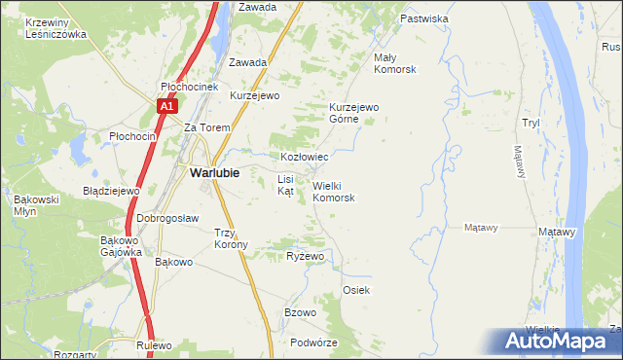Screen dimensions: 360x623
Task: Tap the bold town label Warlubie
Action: point(208,172)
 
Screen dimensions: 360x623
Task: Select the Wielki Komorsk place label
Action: point(333,191)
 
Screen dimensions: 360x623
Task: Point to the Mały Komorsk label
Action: point(395,63)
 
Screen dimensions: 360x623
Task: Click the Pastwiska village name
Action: point(423,18)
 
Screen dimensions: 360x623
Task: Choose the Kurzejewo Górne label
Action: point(352,113)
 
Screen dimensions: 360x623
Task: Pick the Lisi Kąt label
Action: point(285,185)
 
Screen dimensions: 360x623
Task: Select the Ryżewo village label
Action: point(305,256)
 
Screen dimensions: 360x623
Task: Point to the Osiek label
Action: point(356,291)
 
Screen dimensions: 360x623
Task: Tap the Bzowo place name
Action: point(300,312)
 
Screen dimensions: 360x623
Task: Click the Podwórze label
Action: point(313,342)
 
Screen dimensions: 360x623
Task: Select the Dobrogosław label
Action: point(167,218)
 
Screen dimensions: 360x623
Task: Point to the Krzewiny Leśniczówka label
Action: point(57,27)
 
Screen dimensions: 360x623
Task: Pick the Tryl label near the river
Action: point(531,123)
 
